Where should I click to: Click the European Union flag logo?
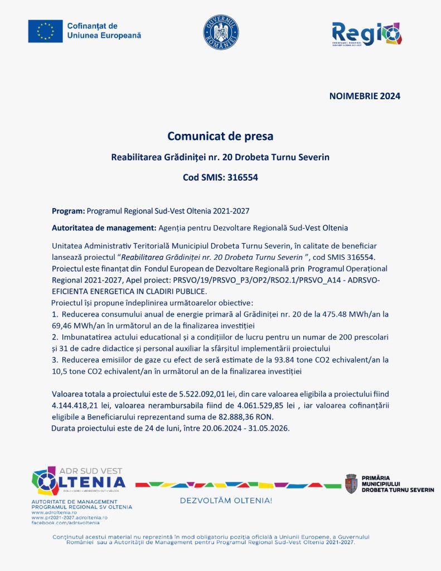(45, 31)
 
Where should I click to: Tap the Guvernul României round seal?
(221, 32)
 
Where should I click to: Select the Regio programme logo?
(366, 34)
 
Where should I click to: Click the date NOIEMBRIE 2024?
(365, 96)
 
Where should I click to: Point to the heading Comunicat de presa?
(221, 136)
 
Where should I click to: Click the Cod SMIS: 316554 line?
(221, 178)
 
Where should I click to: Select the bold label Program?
(69, 211)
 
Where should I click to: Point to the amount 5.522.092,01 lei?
(194, 394)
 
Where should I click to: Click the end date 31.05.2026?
(270, 428)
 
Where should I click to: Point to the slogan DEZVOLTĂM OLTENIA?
(226, 501)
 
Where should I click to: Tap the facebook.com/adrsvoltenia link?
(65, 522)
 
